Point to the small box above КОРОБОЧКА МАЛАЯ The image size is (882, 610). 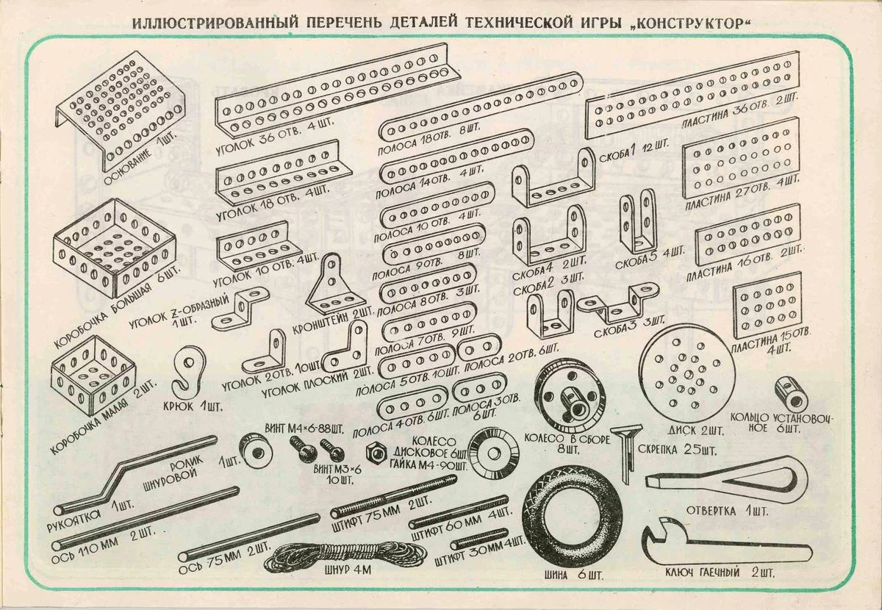(94, 373)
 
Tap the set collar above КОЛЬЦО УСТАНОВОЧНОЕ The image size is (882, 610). (791, 394)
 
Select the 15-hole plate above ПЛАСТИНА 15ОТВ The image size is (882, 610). (768, 306)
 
